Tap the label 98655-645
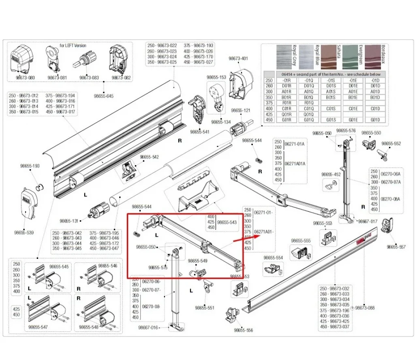click(104, 96)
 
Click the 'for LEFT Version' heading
click(73, 45)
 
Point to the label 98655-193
click(30, 166)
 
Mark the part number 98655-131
click(68, 221)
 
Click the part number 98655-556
click(243, 330)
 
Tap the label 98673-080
click(25, 77)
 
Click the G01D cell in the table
click(375, 120)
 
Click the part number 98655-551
click(204, 308)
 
